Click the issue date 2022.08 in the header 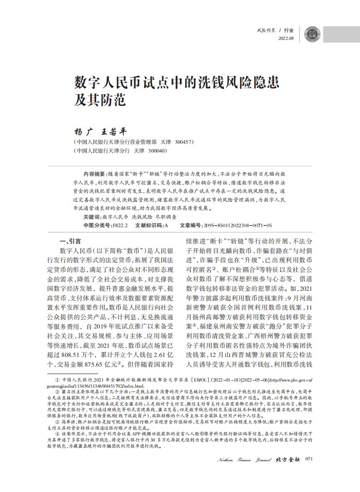(x=285, y=39)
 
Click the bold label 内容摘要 (x=94, y=174)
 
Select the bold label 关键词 (x=92, y=217)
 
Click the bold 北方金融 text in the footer (x=287, y=459)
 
